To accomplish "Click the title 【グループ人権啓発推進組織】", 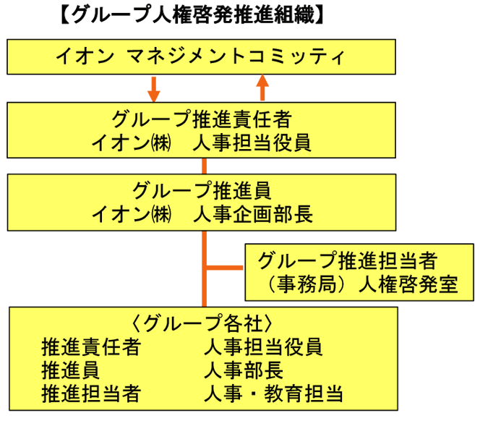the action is click(192, 14).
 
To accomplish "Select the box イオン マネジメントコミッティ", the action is click(201, 56).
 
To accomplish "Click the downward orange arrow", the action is click(154, 89).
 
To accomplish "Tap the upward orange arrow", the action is click(262, 88).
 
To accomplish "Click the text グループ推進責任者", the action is click(202, 119).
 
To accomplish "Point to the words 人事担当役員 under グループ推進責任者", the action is click(252, 143).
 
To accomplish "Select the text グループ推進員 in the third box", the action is click(202, 190).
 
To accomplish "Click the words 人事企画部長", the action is click(253, 214).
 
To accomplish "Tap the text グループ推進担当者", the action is click(348, 260).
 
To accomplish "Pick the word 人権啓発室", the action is click(408, 284).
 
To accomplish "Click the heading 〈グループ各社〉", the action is click(202, 323).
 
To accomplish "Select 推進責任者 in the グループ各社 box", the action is click(91, 346).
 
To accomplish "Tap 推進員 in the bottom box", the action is click(71, 370).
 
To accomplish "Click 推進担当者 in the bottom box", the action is click(91, 394).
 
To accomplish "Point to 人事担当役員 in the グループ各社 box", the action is click(263, 346).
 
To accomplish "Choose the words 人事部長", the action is click(244, 370).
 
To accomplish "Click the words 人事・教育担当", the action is click(273, 394).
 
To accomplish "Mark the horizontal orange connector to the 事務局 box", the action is click(225, 268).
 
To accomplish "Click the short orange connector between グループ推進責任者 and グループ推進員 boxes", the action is click(204, 166).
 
